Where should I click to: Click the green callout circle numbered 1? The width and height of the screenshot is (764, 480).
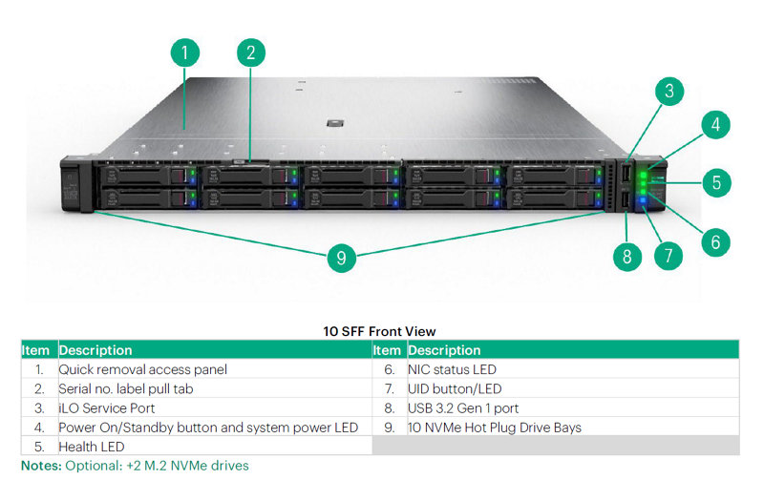point(185,52)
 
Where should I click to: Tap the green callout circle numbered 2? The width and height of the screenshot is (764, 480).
point(250,52)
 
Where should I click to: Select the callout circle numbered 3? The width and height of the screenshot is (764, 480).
point(669,92)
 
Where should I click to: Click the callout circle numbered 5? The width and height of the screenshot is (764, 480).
point(717,182)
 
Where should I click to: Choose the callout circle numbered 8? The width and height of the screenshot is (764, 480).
point(626,255)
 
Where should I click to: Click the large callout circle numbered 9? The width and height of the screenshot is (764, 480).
point(341,258)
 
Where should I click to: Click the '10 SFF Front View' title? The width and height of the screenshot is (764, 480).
point(379,331)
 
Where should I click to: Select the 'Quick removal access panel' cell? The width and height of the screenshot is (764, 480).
point(143,369)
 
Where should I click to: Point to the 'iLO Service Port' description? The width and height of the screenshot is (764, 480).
point(107,407)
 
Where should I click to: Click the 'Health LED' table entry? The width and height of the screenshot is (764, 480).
point(92,446)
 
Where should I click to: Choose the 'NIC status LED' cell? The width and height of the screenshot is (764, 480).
point(452,369)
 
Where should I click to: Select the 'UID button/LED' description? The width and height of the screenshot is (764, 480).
point(455,388)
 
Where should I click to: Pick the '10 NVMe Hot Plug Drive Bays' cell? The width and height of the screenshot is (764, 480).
point(495,427)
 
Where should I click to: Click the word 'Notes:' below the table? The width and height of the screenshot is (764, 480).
point(42,466)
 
